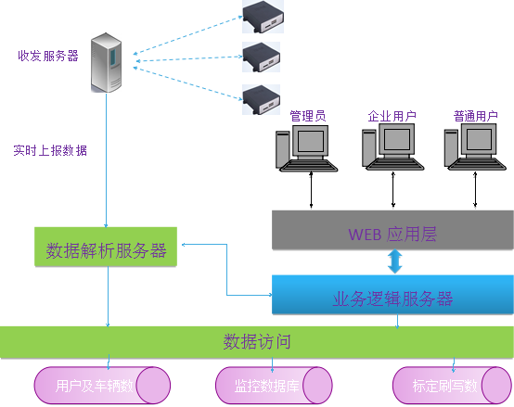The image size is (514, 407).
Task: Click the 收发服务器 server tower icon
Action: click(x=106, y=62)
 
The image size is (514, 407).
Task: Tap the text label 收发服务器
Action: click(x=48, y=56)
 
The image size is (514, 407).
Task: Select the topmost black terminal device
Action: click(x=262, y=13)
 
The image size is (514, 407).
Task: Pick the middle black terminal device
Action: click(x=262, y=57)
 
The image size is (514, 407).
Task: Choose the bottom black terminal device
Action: click(x=262, y=99)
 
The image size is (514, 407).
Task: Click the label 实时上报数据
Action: click(x=50, y=150)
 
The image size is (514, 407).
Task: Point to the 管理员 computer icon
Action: click(x=302, y=148)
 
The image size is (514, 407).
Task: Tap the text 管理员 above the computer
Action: click(x=307, y=117)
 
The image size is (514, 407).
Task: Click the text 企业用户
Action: click(x=392, y=117)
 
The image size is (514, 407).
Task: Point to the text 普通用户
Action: click(x=476, y=117)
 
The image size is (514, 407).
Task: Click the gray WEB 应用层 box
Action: click(x=392, y=230)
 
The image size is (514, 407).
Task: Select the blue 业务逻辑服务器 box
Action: click(x=392, y=295)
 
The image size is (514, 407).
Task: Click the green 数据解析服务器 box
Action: click(x=106, y=247)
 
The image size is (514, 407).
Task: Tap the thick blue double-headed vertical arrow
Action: click(x=395, y=261)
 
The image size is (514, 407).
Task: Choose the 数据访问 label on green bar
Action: click(x=257, y=341)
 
